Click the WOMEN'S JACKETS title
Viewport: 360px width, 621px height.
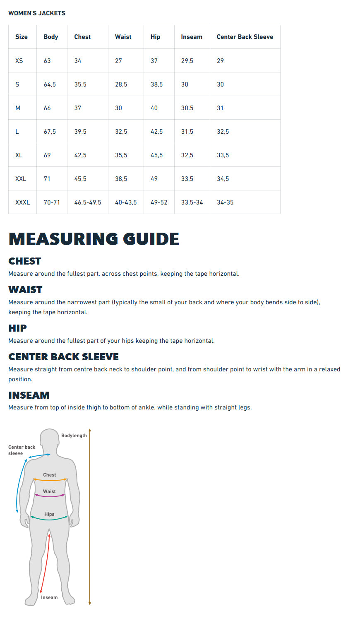pyautogui.click(x=37, y=13)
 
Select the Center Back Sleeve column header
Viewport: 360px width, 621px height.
pyautogui.click(x=245, y=37)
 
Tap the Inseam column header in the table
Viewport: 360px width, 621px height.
pyautogui.click(x=192, y=37)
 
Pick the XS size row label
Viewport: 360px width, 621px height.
pyautogui.click(x=19, y=61)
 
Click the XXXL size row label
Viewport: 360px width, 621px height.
pyautogui.click(x=22, y=202)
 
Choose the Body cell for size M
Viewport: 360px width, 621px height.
pyautogui.click(x=47, y=108)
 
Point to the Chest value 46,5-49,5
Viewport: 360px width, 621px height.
pyautogui.click(x=87, y=202)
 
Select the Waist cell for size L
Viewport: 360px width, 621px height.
pyautogui.click(x=121, y=132)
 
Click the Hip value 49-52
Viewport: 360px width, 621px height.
pyautogui.click(x=159, y=202)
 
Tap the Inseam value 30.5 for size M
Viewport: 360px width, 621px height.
pyautogui.click(x=187, y=108)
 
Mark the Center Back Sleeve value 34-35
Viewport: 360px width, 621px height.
pyautogui.click(x=225, y=202)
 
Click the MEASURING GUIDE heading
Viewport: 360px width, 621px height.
pyautogui.click(x=94, y=239)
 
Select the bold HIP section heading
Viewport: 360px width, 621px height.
pyautogui.click(x=17, y=328)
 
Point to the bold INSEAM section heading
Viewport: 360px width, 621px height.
pyautogui.click(x=29, y=395)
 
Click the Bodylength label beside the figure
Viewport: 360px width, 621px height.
pyautogui.click(x=74, y=436)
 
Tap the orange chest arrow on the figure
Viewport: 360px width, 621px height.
pyautogui.click(x=50, y=480)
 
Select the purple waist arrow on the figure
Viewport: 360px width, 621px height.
pyautogui.click(x=50, y=496)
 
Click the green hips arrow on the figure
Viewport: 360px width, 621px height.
pyautogui.click(x=49, y=519)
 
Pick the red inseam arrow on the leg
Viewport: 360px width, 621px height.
pyautogui.click(x=45, y=563)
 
